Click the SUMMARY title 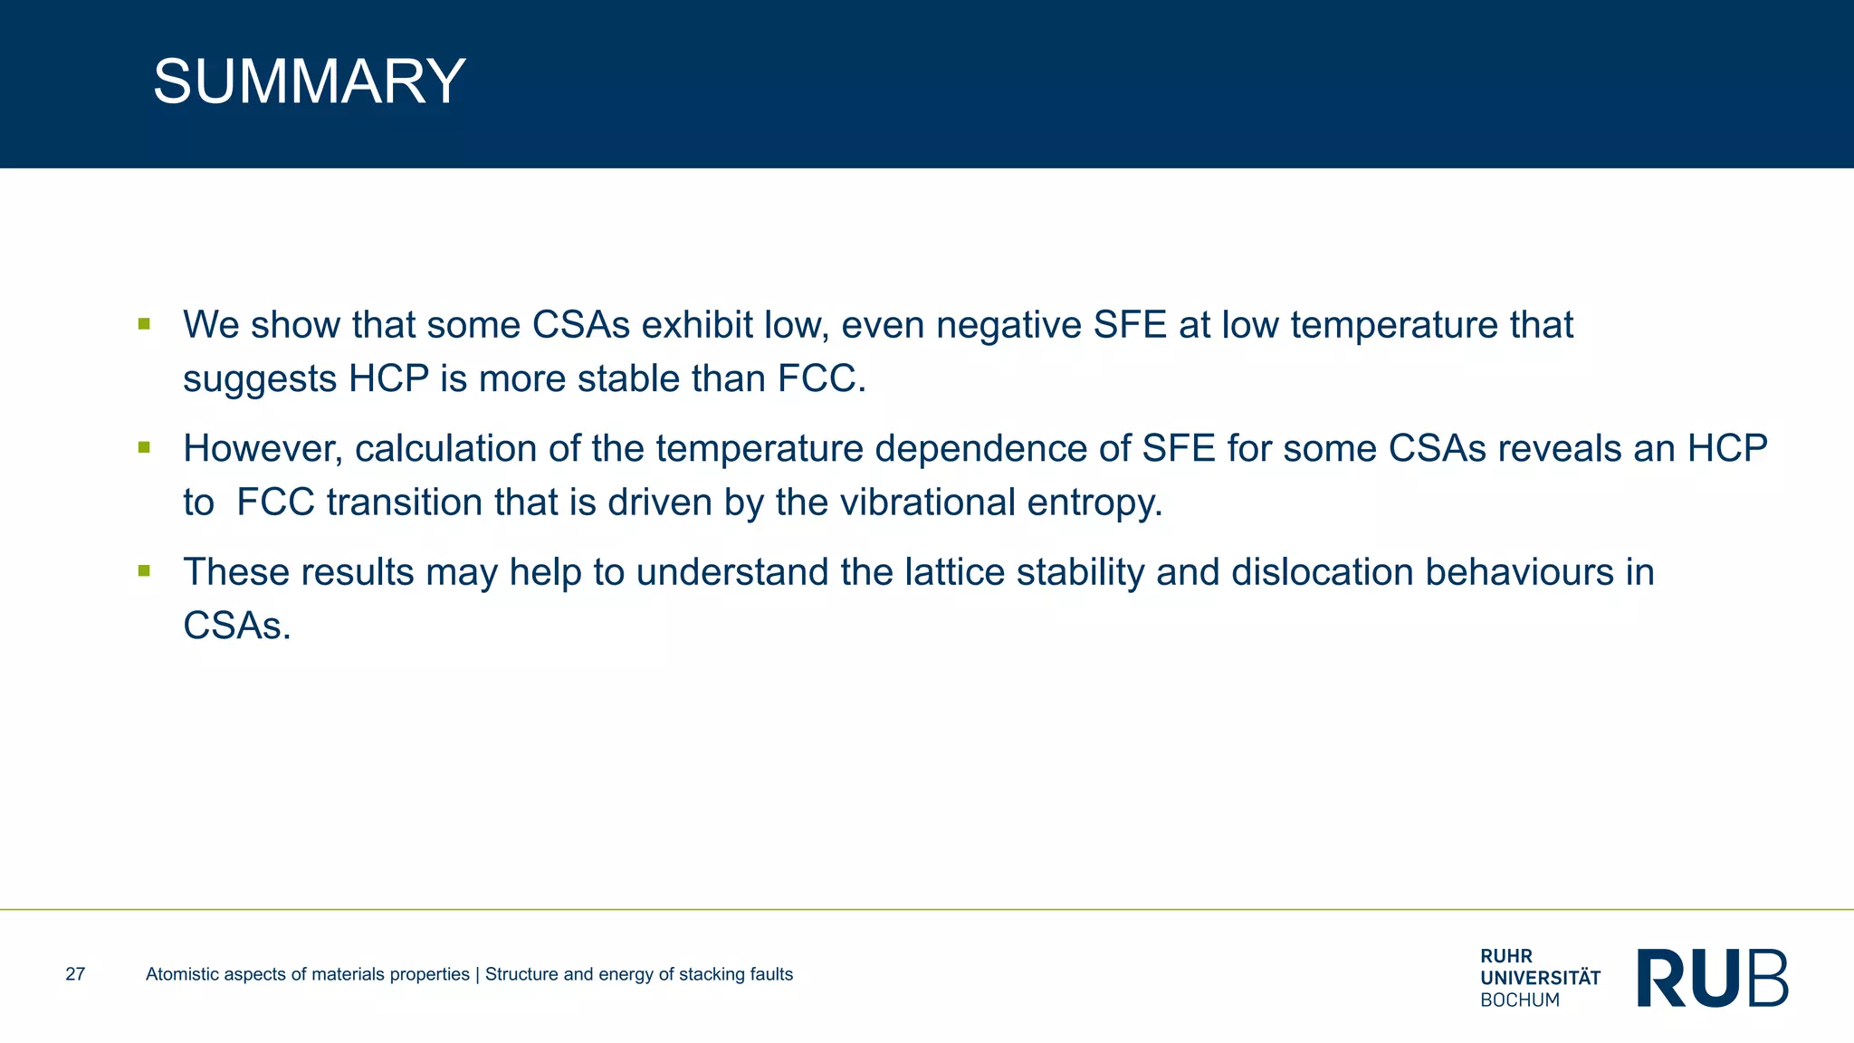click(x=309, y=81)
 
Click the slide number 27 click(x=75, y=974)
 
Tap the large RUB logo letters click(x=1712, y=978)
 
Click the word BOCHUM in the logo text click(x=1520, y=1000)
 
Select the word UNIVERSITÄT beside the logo click(x=1540, y=978)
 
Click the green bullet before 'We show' click(x=144, y=323)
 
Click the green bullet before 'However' click(x=144, y=446)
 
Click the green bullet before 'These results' click(x=144, y=570)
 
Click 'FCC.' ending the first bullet click(x=822, y=378)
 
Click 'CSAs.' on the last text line click(x=237, y=626)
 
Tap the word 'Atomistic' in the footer click(x=183, y=974)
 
